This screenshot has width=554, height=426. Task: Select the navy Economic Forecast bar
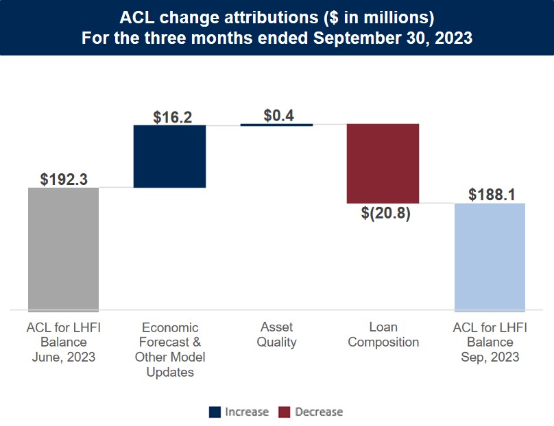(169, 156)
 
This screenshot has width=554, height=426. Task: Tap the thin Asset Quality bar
(276, 125)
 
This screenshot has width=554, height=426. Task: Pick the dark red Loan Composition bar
(383, 164)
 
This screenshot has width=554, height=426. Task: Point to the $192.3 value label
(64, 179)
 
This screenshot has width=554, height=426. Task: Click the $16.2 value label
(170, 116)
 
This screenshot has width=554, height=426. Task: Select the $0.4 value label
(278, 115)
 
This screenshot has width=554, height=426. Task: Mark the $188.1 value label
(492, 195)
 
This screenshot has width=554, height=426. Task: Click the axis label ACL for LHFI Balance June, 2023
(63, 342)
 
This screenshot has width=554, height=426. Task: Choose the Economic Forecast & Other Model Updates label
(170, 349)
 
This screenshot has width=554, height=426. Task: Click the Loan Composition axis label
(383, 335)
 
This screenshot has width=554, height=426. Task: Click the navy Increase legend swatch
(215, 412)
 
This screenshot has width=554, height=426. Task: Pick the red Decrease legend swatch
(285, 412)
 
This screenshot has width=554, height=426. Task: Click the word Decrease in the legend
(319, 412)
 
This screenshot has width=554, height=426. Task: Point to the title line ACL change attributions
(277, 16)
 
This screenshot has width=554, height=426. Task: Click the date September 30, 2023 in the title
(393, 38)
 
